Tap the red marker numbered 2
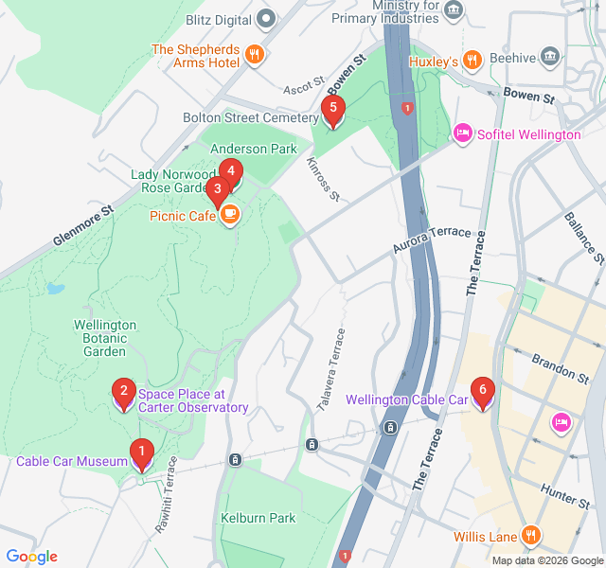pyautogui.click(x=122, y=392)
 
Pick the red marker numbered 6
pyautogui.click(x=483, y=390)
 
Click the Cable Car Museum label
pyautogui.click(x=71, y=462)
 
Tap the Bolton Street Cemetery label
pyautogui.click(x=250, y=118)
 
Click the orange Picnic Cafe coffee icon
pyautogui.click(x=229, y=217)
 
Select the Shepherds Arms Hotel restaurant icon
pyautogui.click(x=253, y=55)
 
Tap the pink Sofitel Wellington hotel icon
pyautogui.click(x=463, y=134)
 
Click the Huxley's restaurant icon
pyautogui.click(x=472, y=62)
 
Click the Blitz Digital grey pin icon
pyautogui.click(x=267, y=19)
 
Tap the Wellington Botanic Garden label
pyautogui.click(x=105, y=338)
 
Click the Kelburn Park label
pyautogui.click(x=258, y=518)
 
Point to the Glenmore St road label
pyautogui.click(x=82, y=227)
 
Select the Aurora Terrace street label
pyautogui.click(x=432, y=240)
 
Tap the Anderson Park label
pyautogui.click(x=253, y=149)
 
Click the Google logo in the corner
pyautogui.click(x=31, y=557)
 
